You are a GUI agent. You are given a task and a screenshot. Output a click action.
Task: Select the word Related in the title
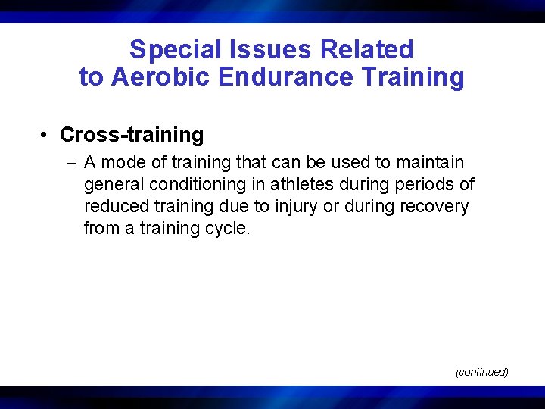pyautogui.click(x=367, y=50)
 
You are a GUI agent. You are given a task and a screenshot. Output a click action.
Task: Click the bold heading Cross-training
pyautogui.click(x=132, y=135)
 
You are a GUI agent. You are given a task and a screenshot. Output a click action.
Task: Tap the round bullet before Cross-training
pyautogui.click(x=46, y=136)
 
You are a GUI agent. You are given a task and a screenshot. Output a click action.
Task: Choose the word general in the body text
pyautogui.click(x=112, y=184)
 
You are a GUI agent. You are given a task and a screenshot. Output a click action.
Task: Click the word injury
pyautogui.click(x=300, y=206)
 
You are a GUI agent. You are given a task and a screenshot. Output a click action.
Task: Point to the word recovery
pyautogui.click(x=437, y=206)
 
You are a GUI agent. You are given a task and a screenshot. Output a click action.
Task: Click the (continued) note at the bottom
pyautogui.click(x=481, y=372)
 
